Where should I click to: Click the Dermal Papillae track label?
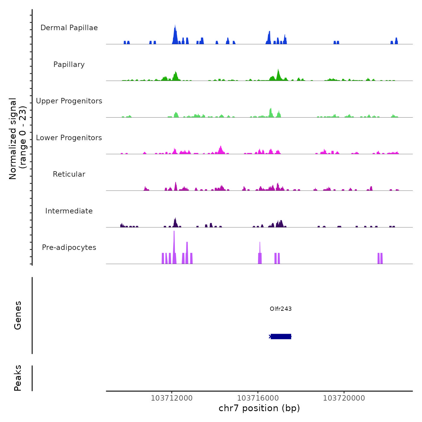[x=69, y=28]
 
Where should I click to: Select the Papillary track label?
[x=69, y=65]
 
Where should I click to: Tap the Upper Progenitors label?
[x=69, y=101]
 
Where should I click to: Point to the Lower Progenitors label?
[x=69, y=138]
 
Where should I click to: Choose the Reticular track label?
[x=69, y=174]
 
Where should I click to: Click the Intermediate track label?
[x=69, y=211]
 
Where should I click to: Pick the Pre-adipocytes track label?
[x=69, y=247]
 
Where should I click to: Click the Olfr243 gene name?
[x=281, y=309]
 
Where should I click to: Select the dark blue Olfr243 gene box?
[x=281, y=336]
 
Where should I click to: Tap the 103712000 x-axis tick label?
[x=172, y=398]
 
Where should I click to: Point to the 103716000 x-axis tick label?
[x=258, y=398]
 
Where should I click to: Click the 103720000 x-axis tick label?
[x=344, y=398]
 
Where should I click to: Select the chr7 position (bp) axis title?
[x=259, y=408]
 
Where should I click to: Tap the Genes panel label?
[x=18, y=315]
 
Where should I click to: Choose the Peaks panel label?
[x=18, y=378]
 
